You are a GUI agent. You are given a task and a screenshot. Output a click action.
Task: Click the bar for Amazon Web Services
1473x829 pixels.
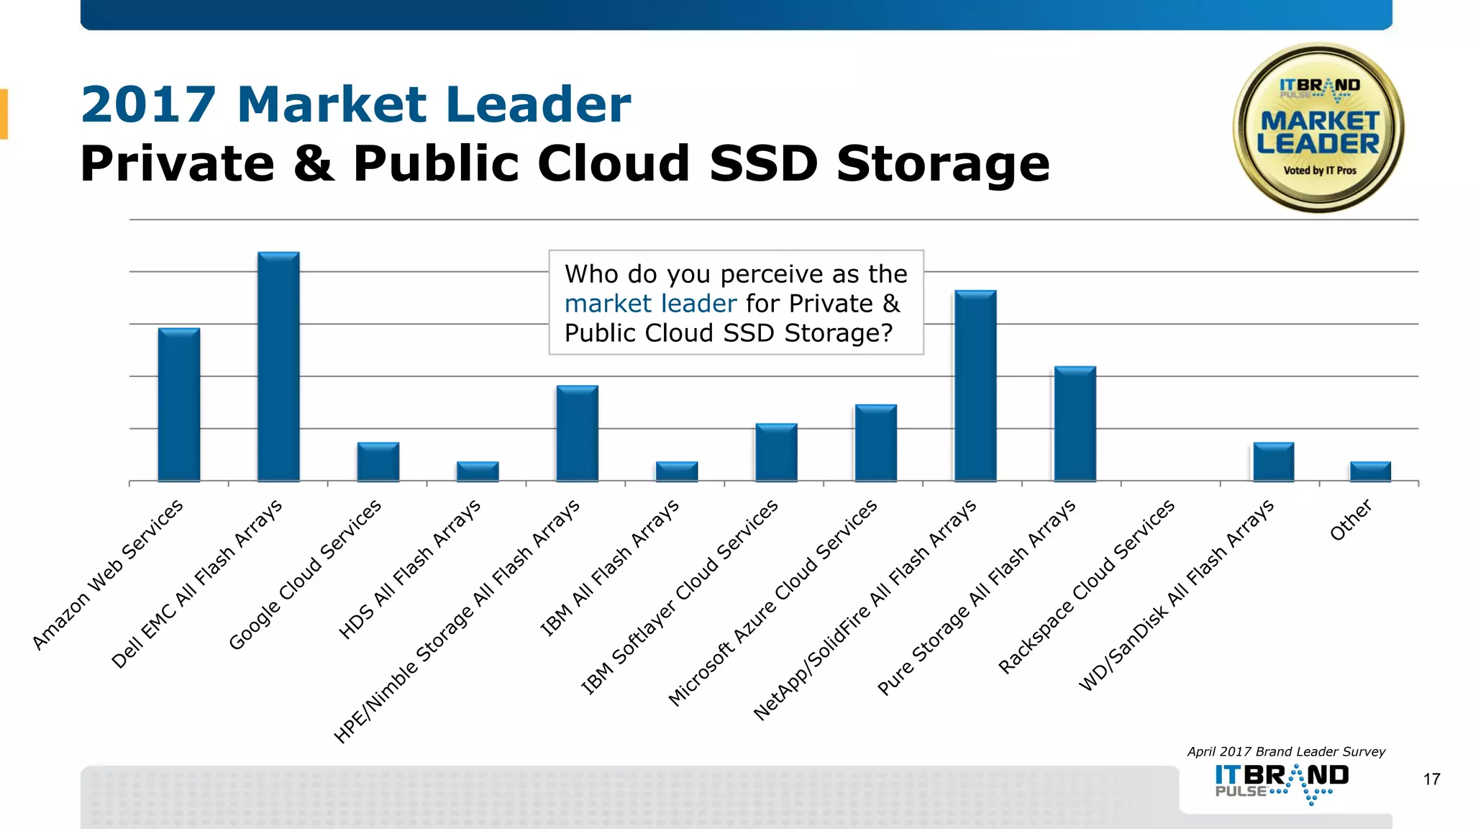tap(179, 405)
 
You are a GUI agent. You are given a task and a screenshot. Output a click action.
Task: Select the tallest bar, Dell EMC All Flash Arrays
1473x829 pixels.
tap(278, 367)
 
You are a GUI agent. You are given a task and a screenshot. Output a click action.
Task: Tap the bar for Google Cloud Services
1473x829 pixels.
tap(378, 462)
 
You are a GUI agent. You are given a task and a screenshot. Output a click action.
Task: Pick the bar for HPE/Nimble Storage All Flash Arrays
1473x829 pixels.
tap(577, 434)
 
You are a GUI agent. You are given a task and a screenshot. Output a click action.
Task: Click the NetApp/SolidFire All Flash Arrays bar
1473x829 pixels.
tap(975, 386)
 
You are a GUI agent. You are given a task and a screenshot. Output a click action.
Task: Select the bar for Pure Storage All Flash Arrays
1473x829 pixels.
tap(1075, 425)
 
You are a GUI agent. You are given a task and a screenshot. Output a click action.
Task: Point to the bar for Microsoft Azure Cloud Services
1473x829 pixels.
tap(875, 443)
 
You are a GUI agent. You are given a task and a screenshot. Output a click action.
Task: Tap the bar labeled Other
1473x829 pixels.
tap(1370, 471)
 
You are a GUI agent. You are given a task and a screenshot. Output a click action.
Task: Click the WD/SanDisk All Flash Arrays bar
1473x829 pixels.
tap(1273, 462)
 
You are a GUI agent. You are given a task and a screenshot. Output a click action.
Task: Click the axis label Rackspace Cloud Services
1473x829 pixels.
tap(1086, 586)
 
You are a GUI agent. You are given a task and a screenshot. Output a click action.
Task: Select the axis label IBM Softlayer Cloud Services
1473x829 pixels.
tap(679, 597)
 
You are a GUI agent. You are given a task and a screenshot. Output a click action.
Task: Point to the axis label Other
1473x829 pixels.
tap(1350, 520)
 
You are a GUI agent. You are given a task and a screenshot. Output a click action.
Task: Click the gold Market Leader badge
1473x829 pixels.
tap(1318, 128)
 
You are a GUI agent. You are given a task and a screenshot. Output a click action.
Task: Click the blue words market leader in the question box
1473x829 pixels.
tap(650, 304)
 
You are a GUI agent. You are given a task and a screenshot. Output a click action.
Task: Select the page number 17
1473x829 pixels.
tap(1431, 779)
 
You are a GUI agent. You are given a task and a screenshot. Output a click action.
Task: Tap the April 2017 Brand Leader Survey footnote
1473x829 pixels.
tap(1285, 751)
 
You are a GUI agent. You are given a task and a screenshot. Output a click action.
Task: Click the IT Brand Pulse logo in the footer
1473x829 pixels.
tap(1282, 782)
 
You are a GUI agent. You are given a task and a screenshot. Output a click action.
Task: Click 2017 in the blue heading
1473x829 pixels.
tap(148, 105)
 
